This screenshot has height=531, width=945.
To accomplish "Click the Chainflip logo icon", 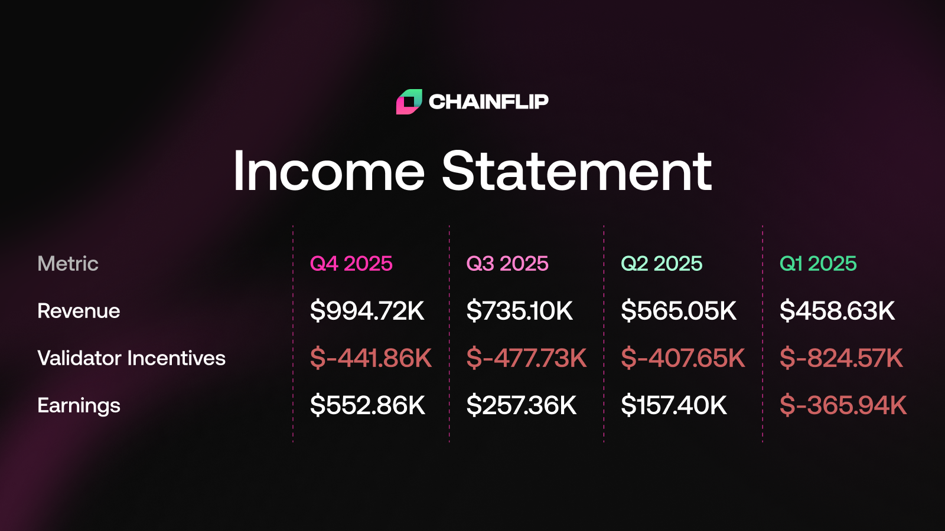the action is [x=409, y=101].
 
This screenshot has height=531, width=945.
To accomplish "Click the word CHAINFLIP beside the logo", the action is [x=488, y=101].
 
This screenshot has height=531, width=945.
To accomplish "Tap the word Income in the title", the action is [x=328, y=171].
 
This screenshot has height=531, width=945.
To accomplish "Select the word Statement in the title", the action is [x=576, y=171].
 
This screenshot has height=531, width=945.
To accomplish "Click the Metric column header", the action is [x=68, y=264].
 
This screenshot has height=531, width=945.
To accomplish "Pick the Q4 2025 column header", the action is [x=351, y=264].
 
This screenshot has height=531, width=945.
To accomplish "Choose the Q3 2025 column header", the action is [x=507, y=264].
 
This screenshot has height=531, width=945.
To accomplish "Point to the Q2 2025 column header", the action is [x=661, y=264].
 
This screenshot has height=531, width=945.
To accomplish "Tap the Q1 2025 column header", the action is [x=818, y=264].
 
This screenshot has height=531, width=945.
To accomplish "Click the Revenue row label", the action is [x=79, y=311].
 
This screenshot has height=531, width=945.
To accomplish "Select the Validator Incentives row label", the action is [x=132, y=358].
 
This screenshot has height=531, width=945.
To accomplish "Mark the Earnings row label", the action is [x=79, y=405].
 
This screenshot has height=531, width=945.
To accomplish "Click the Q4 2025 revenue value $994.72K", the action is [x=367, y=311].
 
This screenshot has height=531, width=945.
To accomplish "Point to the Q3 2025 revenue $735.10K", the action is [x=519, y=311].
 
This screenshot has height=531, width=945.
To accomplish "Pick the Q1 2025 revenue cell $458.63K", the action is [x=837, y=311].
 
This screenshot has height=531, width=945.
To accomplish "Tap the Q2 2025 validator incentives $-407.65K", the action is [x=683, y=358].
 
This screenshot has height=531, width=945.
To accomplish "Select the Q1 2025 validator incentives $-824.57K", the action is [x=841, y=358].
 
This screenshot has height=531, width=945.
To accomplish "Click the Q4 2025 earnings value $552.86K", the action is [x=367, y=405].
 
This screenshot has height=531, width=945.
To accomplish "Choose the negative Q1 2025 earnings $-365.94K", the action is [x=843, y=405].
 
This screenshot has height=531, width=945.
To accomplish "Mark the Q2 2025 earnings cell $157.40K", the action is [x=674, y=405].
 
